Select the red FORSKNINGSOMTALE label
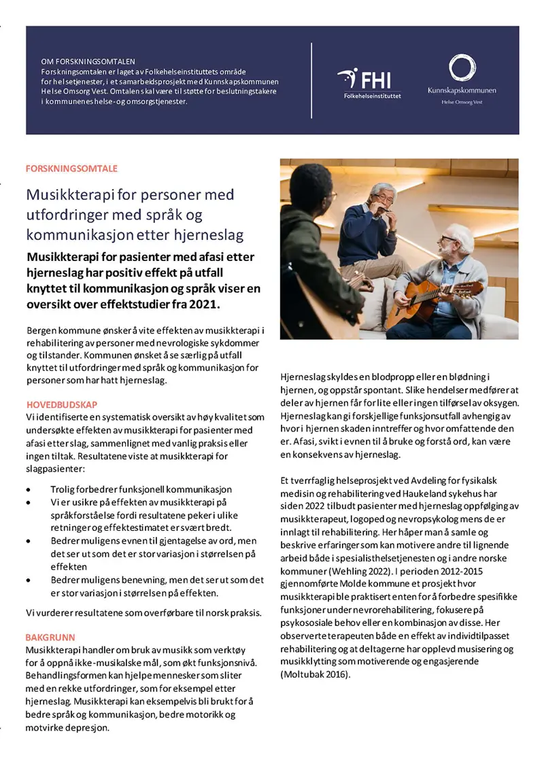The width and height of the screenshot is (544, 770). coord(71,168)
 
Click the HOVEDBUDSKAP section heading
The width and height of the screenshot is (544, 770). coord(61,404)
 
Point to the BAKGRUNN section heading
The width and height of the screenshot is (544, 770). coord(50,637)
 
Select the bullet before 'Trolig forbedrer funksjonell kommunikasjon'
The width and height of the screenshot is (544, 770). coord(28,489)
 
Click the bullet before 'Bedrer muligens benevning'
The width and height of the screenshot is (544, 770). coord(28,580)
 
